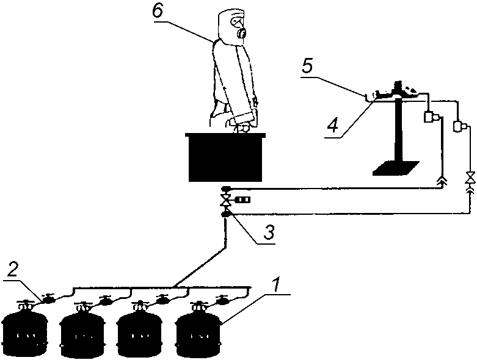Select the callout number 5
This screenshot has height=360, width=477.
(x=308, y=67)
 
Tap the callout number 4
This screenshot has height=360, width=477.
(x=333, y=126)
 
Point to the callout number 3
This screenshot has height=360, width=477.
(x=268, y=232)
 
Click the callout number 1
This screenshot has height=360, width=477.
(x=275, y=285)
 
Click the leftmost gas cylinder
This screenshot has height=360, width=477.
(x=24, y=329)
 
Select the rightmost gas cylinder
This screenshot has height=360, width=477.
(x=198, y=329)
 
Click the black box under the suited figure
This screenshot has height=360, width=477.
(x=225, y=157)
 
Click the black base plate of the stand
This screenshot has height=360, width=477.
(x=396, y=168)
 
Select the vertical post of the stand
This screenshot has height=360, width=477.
(x=398, y=131)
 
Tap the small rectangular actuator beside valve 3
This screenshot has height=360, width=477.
(x=243, y=200)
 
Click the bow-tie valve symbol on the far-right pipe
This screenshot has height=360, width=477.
(x=470, y=178)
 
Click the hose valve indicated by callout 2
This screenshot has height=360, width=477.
(x=48, y=298)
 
